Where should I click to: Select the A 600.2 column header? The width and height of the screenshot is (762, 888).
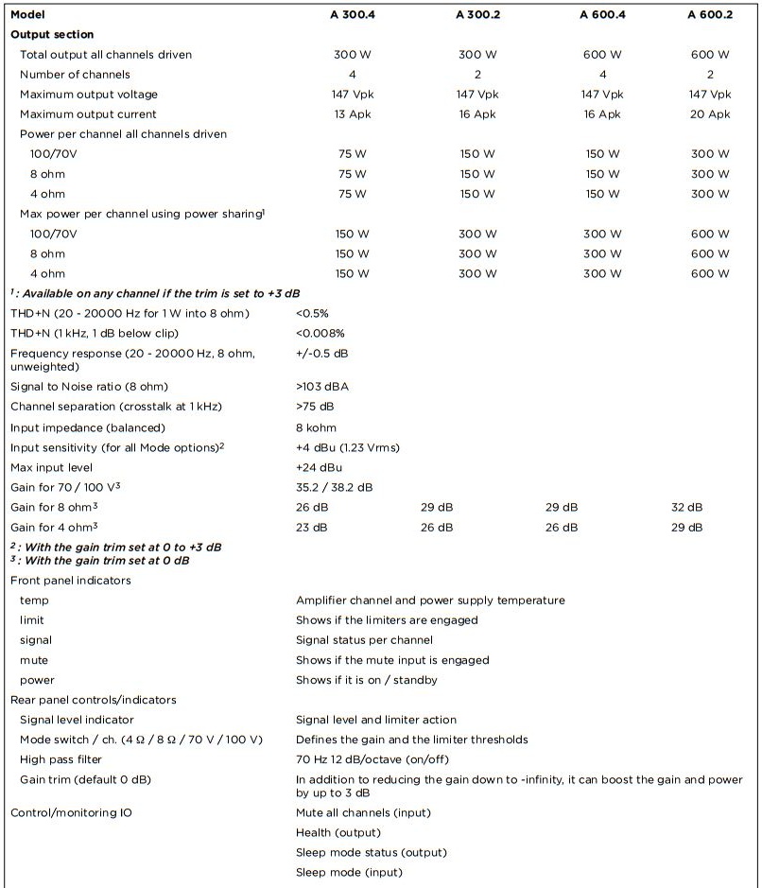pos(709,14)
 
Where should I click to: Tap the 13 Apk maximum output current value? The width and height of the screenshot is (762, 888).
pos(353,114)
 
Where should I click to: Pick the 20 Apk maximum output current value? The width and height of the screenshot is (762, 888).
pos(709,114)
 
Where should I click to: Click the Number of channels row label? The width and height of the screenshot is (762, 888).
pos(75,74)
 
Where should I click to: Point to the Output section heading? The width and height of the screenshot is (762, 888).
pos(52,34)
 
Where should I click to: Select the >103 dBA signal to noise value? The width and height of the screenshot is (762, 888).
pos(322,387)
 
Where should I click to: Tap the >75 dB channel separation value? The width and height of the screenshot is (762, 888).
pos(315,407)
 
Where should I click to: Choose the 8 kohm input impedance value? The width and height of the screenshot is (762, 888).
pos(316,427)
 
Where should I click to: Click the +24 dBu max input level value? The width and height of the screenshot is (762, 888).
pos(319,467)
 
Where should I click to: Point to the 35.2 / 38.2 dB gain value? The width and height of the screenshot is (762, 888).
pos(334,487)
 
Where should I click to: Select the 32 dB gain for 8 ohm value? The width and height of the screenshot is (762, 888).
pos(687,507)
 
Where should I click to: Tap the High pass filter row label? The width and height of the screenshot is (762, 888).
pos(61,759)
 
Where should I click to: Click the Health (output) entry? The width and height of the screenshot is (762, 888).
pos(338,832)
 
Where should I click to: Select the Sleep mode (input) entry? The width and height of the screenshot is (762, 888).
pos(348,872)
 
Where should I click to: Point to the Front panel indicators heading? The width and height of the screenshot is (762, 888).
pos(71,580)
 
